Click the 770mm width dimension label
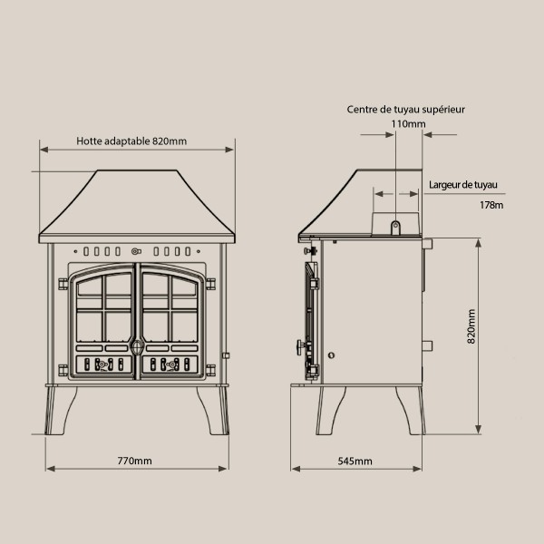pyautogui.click(x=134, y=461)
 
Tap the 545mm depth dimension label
pyautogui.click(x=355, y=461)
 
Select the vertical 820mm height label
pyautogui.click(x=471, y=326)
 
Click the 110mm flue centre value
pyautogui.click(x=408, y=124)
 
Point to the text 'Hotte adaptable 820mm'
pyautogui.click(x=131, y=141)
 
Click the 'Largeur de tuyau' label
pyautogui.click(x=462, y=185)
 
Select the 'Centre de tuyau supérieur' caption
pyautogui.click(x=405, y=110)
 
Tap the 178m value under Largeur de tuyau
pyautogui.click(x=491, y=205)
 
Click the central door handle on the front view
pyautogui.click(x=137, y=346)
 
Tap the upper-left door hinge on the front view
pyautogui.click(x=63, y=284)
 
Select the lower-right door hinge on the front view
pyautogui.click(x=210, y=371)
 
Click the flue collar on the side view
pyautogui.click(x=395, y=224)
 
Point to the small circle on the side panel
pyautogui.click(x=331, y=355)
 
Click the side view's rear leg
pyautogui.click(x=412, y=411)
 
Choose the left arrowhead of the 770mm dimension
pyautogui.click(x=51, y=469)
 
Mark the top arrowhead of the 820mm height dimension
pyautogui.click(x=479, y=243)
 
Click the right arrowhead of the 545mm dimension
pyautogui.click(x=417, y=469)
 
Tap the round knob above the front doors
pyautogui.click(x=136, y=251)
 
